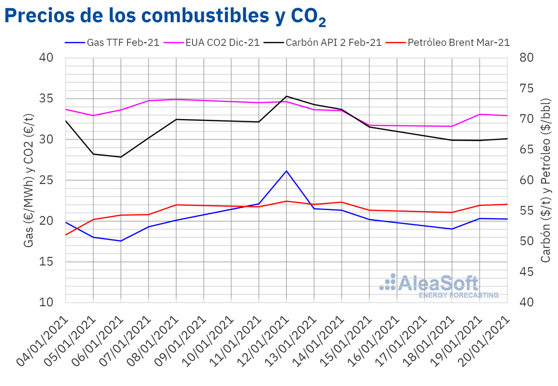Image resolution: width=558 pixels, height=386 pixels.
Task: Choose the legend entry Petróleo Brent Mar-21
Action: (458, 42)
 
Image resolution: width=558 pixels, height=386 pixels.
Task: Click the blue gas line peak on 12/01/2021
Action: (286, 171)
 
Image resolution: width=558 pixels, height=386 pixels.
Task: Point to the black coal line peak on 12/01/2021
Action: (286, 96)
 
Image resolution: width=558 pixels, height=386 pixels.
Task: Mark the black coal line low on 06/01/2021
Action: (121, 157)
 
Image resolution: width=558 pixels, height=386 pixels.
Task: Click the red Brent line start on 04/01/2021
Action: (66, 235)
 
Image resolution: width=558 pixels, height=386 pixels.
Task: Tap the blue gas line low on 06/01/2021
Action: (121, 241)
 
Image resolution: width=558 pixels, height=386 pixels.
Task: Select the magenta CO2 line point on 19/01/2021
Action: (479, 114)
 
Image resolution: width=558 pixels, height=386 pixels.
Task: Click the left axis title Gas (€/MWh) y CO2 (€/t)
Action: (29, 180)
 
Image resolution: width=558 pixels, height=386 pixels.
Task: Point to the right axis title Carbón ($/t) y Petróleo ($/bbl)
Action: (546, 180)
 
